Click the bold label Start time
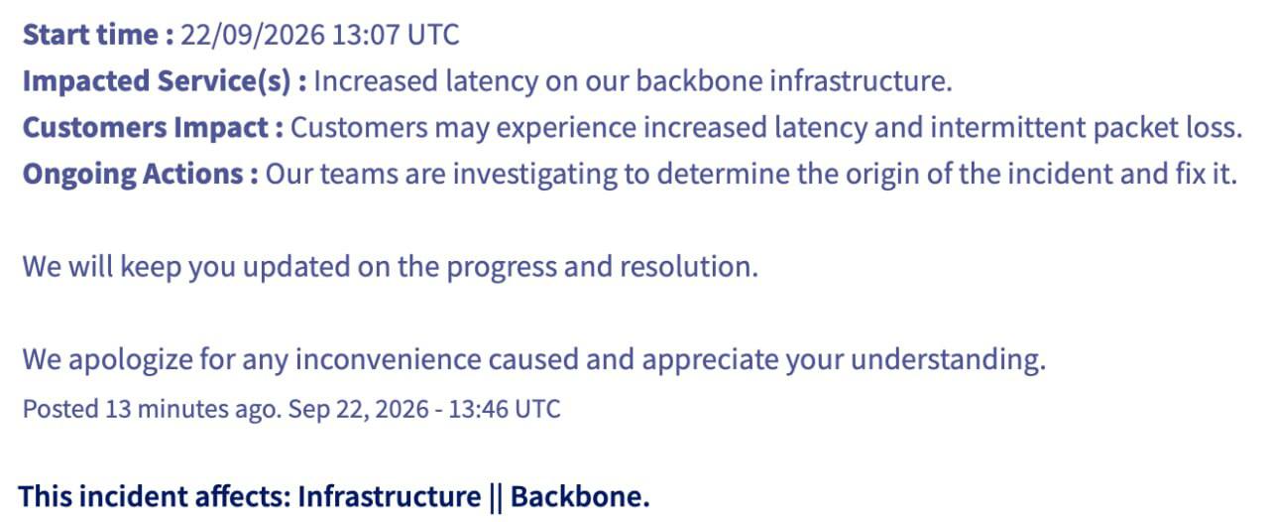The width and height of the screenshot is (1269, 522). coord(90,35)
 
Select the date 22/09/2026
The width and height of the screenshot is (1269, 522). coord(253,35)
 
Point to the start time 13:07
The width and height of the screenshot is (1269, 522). coord(366,35)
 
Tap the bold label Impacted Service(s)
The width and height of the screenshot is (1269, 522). coord(157,81)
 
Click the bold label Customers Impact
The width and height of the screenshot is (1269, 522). coord(146,128)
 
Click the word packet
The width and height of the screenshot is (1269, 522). coord(1135,128)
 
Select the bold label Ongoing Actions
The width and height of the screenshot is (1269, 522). coord(133,175)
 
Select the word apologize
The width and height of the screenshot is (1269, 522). coord(130,359)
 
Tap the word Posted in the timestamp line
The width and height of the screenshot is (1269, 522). coord(60,409)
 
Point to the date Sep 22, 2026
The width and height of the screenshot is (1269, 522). coord(359,410)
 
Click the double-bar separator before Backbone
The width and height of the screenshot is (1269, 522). coord(495,497)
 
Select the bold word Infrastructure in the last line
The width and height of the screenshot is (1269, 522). coord(390,497)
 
